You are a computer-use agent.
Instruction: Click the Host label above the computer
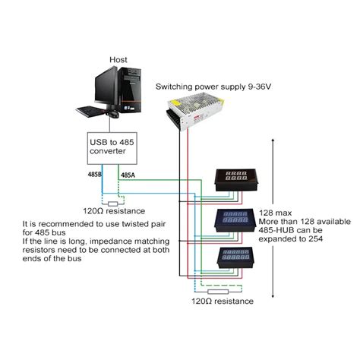click(x=118, y=58)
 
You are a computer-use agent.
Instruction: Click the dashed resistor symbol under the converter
click(x=114, y=203)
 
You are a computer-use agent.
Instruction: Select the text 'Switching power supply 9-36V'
click(x=213, y=87)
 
